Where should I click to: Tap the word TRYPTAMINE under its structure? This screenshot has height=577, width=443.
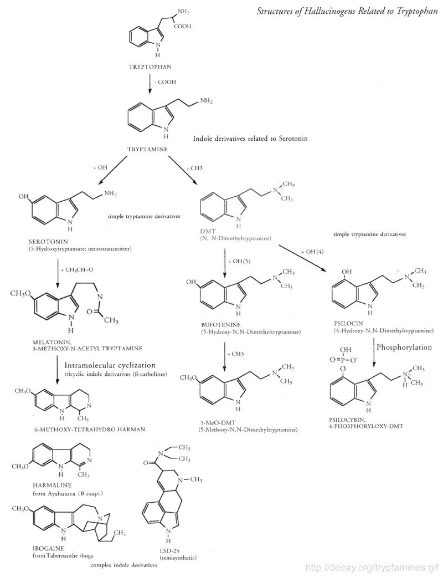coord(148,149)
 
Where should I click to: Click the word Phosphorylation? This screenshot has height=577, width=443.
coord(405,347)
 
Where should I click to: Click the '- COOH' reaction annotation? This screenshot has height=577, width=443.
coord(165,81)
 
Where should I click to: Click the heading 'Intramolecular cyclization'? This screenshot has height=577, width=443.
coord(109,365)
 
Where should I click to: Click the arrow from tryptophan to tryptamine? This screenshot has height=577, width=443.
coord(151,84)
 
